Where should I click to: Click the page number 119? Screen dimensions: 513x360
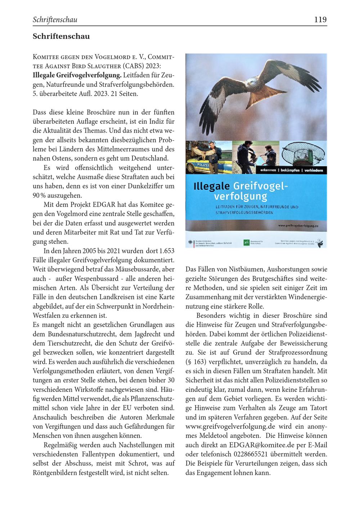point(320,19)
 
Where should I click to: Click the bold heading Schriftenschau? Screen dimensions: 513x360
point(61,36)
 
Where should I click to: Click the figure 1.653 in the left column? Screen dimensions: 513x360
point(167,250)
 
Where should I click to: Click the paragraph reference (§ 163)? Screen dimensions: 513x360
point(195,361)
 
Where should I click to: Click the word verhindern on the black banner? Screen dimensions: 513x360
point(313,170)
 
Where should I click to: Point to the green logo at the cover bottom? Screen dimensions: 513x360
point(246,243)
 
